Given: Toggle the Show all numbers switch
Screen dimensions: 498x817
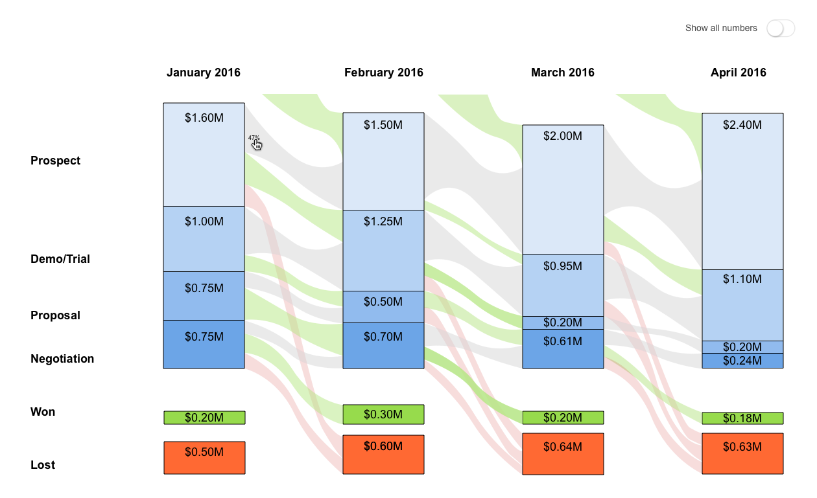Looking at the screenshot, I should click(x=780, y=28).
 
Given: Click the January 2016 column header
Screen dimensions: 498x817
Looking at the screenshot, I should click(x=203, y=73).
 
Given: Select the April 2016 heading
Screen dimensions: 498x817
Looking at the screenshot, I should click(x=738, y=73).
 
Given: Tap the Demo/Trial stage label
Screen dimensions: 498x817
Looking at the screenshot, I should click(x=60, y=259).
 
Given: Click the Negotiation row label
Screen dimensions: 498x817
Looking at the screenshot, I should click(x=62, y=359).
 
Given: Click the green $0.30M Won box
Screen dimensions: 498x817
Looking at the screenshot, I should click(x=383, y=414).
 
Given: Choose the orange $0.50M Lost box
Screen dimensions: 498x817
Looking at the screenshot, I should click(x=204, y=458).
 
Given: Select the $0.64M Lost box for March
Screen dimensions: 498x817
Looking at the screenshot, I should click(x=563, y=454).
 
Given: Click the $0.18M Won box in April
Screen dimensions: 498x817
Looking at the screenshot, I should click(x=742, y=418).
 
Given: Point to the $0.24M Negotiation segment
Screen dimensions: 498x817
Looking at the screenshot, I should click(x=742, y=361).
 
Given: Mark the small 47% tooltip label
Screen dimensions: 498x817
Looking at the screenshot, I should click(x=254, y=138).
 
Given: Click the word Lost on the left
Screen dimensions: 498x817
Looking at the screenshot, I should click(x=43, y=465).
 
